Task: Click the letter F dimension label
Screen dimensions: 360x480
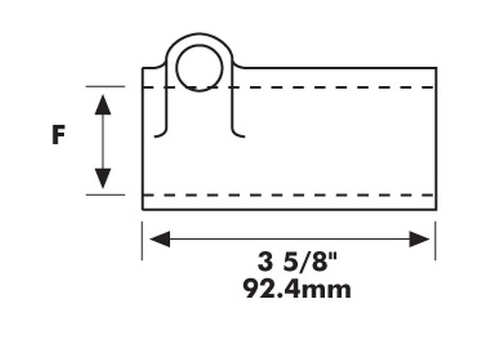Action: (x=58, y=135)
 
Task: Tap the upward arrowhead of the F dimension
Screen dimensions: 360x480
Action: (x=103, y=104)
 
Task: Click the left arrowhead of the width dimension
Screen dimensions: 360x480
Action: (x=160, y=239)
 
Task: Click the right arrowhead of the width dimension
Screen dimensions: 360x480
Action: (x=420, y=239)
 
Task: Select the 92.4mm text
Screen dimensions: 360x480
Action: (x=296, y=289)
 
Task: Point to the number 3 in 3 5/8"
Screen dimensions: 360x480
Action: (x=265, y=262)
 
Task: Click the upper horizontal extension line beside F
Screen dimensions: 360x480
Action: (x=105, y=86)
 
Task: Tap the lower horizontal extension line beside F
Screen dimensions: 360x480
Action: (x=105, y=195)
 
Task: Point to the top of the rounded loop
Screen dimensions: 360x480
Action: (x=199, y=34)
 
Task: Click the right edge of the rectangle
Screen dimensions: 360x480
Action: (x=436, y=138)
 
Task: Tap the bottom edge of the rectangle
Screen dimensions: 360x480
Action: (x=288, y=209)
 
